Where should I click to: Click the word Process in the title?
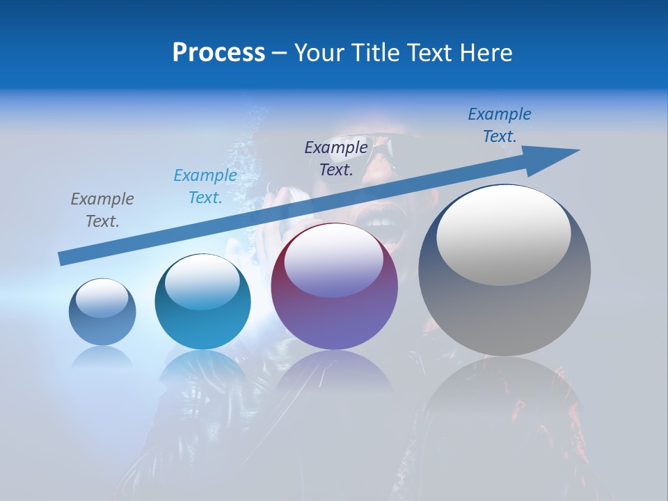[218, 52]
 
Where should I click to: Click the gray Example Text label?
[102, 209]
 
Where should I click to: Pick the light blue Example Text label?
[205, 186]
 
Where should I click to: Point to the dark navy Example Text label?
[336, 158]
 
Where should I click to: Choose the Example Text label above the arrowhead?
[500, 125]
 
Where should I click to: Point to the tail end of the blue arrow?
[64, 258]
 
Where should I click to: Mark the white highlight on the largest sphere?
[504, 235]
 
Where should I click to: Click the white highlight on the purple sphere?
[334, 260]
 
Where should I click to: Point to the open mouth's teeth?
[380, 223]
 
